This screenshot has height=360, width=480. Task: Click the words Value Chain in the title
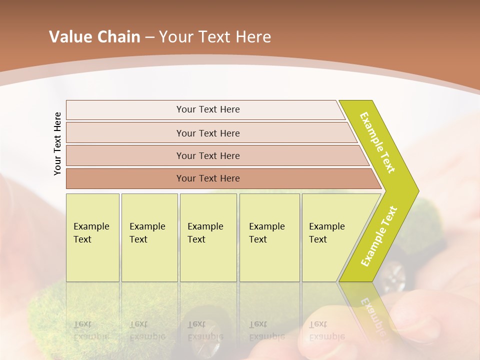click(x=94, y=37)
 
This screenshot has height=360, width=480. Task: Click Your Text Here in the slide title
click(x=215, y=37)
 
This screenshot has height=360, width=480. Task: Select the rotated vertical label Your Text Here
click(x=57, y=144)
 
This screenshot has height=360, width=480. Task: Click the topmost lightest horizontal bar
click(x=207, y=109)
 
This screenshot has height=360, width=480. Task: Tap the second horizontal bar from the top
click(x=207, y=133)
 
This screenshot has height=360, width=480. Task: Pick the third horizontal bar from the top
click(x=207, y=155)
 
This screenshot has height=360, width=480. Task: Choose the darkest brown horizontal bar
click(x=207, y=178)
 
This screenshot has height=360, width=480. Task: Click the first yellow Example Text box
click(x=92, y=237)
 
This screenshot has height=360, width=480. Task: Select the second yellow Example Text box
click(x=149, y=237)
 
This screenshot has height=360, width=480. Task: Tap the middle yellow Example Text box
click(x=208, y=237)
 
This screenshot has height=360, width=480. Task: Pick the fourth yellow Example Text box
click(x=269, y=237)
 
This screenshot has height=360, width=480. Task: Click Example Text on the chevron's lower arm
click(x=378, y=236)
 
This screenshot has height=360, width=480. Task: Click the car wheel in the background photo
click(x=394, y=276)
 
